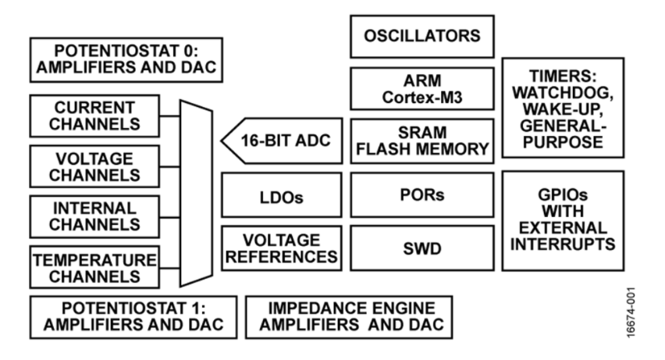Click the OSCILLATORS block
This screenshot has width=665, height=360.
pos(421,36)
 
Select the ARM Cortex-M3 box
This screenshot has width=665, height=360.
pos(421,88)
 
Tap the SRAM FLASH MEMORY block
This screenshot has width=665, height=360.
pos(421,141)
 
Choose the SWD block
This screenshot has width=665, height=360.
pos(421,248)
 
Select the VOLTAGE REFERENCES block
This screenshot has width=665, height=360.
pos(281,248)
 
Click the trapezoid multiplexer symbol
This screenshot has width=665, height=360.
pos(197,191)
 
